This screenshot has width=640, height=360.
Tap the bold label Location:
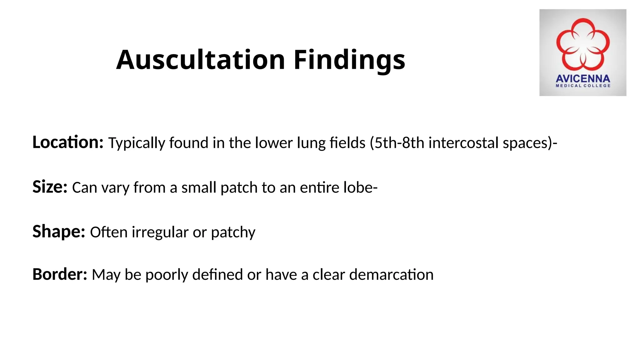click(x=68, y=142)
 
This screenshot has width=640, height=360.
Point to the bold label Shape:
click(x=59, y=232)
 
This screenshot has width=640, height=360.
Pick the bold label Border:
click(x=60, y=274)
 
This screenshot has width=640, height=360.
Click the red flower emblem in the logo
click(x=583, y=44)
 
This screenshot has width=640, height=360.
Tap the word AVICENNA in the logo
click(x=583, y=78)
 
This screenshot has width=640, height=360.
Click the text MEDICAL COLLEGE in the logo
click(x=583, y=86)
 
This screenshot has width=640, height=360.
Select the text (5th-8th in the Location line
click(x=397, y=143)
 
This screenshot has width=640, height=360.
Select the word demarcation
click(x=391, y=275)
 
